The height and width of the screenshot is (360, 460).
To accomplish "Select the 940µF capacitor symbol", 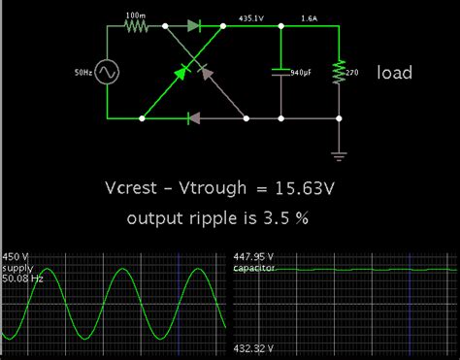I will click(280, 72).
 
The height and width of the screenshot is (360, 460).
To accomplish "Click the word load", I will click(395, 73).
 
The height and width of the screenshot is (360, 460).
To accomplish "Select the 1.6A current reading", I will click(309, 17).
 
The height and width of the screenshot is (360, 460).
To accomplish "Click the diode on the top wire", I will click(193, 27).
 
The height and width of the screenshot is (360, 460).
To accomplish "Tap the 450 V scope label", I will click(16, 257).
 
